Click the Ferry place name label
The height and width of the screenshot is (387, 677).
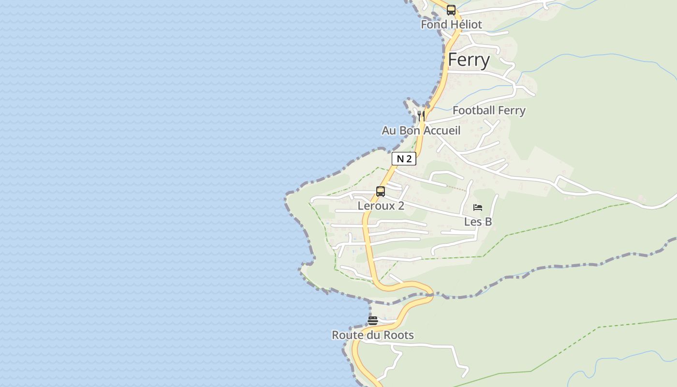[x=469, y=60]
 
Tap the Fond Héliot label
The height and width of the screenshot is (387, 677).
[x=451, y=25]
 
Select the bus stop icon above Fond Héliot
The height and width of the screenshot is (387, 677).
[x=451, y=10]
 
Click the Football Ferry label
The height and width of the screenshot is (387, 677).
[x=488, y=110]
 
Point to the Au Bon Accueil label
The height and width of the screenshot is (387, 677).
[x=421, y=131]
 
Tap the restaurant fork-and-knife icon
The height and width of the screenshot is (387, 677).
[x=421, y=116]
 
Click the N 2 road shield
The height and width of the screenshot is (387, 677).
[x=404, y=159]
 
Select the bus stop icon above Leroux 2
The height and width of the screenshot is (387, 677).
[x=381, y=191]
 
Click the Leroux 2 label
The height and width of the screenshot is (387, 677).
[x=381, y=206]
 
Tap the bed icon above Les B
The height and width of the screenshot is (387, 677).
[x=478, y=208]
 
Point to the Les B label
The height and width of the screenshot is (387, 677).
[x=478, y=222]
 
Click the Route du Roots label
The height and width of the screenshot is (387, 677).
[x=372, y=335]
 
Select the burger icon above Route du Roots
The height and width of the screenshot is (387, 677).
[x=372, y=320]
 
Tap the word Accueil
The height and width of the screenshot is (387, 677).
[x=442, y=131]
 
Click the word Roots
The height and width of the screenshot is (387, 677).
[x=399, y=335]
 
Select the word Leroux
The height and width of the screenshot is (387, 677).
[x=373, y=206]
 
